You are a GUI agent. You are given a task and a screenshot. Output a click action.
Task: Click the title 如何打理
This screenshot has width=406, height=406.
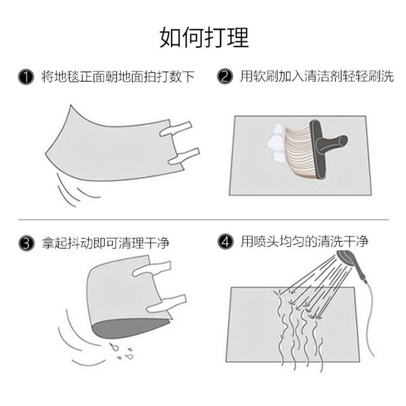204,37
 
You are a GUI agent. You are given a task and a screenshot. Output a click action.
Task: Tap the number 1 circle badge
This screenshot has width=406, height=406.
24,77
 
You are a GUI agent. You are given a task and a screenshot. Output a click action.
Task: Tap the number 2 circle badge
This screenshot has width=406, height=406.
224,77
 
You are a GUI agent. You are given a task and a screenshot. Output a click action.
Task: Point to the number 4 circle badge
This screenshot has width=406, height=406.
224,242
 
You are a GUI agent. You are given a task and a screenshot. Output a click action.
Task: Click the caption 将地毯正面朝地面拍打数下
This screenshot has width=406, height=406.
117,77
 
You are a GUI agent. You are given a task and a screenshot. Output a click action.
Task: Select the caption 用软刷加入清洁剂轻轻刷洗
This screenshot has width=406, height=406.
317,77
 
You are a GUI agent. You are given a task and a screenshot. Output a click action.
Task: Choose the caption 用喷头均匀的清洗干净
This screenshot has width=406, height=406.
304,242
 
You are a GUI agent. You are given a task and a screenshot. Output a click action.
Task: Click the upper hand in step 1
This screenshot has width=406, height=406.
176,128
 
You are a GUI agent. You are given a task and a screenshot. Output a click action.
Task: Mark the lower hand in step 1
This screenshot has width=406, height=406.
183,156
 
